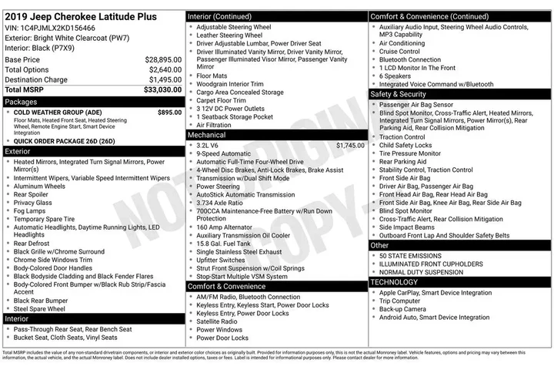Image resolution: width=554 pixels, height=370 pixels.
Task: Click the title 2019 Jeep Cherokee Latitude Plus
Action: [80, 17]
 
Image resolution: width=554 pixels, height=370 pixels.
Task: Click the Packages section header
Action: [21, 102]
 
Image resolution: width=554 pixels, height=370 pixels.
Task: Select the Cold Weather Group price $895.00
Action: [169, 112]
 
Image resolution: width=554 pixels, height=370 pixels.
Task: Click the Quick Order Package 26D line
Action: [64, 141]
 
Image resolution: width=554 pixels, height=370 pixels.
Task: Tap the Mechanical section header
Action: [207, 135]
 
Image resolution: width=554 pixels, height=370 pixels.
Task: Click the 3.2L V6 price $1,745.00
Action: [350, 145]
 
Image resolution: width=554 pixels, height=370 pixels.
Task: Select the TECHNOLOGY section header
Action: [395, 281]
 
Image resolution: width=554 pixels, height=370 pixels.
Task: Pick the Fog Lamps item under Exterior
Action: [31, 210]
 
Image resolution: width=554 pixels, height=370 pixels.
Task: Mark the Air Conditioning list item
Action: [412, 43]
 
